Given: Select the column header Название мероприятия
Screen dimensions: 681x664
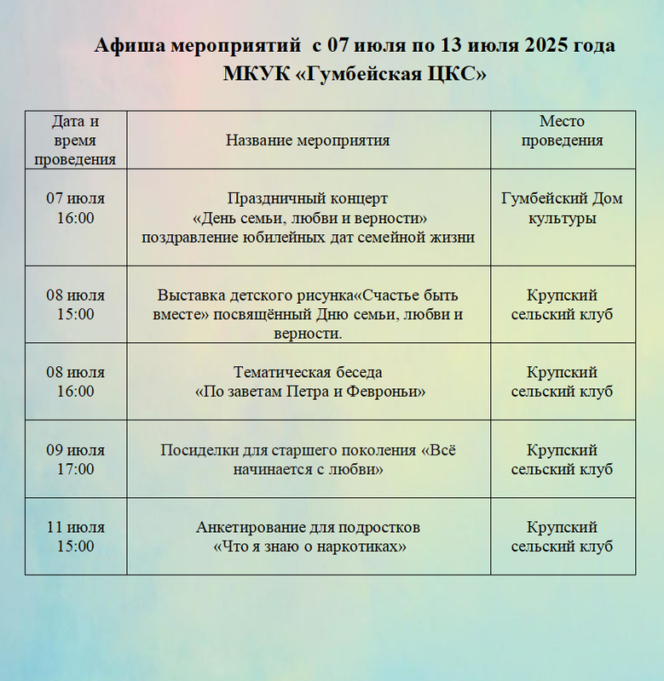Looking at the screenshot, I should [x=308, y=140].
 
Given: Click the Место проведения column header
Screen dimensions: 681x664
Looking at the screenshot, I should [x=562, y=131].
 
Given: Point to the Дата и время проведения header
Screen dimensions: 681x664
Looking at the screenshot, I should [x=75, y=140].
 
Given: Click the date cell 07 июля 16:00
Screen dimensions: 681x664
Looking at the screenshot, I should [x=75, y=209].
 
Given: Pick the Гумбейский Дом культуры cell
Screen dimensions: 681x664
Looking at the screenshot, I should [x=562, y=209].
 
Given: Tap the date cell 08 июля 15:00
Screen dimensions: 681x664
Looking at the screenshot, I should [x=75, y=305].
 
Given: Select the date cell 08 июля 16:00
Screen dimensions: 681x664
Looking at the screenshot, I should [x=75, y=382].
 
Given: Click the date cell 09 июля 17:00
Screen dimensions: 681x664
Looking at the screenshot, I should [x=75, y=460].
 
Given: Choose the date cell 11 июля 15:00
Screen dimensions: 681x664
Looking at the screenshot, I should [x=75, y=537].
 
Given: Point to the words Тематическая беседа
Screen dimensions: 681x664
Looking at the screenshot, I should [x=308, y=373].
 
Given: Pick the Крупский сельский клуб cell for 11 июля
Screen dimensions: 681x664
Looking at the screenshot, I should [x=562, y=537].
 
